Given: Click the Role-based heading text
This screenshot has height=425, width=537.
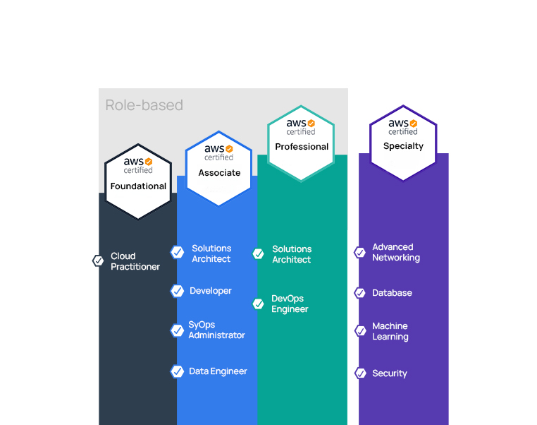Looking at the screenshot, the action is coord(144,105).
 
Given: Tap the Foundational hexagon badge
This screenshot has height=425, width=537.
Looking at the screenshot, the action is coord(138,181).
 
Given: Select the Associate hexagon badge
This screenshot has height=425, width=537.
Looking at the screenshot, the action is coord(219,169).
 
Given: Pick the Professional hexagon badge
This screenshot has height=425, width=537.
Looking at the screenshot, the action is coord(301,143).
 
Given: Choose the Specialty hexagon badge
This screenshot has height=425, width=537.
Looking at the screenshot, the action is coord(403,143).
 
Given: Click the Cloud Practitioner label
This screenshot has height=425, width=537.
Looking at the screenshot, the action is coord(135,261).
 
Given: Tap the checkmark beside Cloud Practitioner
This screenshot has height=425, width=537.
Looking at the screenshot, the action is coord(98,261).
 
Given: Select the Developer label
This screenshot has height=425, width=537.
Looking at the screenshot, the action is coord(210,291).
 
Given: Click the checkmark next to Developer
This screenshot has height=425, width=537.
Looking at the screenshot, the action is coord(177,291).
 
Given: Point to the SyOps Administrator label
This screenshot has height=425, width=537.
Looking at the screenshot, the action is coord(216,330).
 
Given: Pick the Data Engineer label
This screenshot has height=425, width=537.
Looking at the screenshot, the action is coord(218,371).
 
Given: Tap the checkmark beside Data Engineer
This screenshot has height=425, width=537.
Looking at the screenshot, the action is coord(177,371).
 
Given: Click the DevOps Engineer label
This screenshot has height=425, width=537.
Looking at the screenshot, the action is coord(290,304).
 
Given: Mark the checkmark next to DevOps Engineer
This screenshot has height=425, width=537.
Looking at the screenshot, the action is coord(258,304).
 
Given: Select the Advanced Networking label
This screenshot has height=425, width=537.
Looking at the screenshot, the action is coord(396,253).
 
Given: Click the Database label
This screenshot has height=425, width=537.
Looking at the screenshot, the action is coord(392,293).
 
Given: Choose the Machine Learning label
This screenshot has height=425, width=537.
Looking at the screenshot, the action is coord(390,331).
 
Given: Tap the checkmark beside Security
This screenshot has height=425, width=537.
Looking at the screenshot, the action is coord(360,373).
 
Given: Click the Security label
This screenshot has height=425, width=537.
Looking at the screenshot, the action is coord(390,373).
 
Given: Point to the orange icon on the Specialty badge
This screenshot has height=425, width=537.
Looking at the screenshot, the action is coord(414,123).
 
